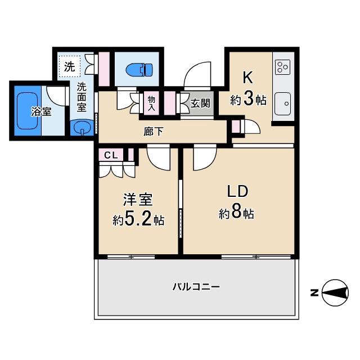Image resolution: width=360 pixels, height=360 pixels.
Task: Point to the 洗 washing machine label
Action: [x=69, y=66]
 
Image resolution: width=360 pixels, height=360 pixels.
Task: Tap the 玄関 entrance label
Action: [x=200, y=103]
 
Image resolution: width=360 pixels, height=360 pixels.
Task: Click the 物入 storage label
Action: [x=151, y=102]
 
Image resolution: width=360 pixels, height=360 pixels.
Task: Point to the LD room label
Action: [x=237, y=191]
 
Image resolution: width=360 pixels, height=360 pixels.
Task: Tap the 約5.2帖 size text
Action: [x=138, y=220]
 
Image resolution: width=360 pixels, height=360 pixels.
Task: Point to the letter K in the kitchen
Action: [x=246, y=77]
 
